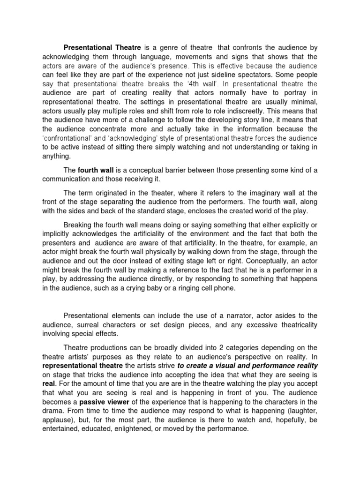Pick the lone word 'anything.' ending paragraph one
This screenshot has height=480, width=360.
click(x=56, y=156)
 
